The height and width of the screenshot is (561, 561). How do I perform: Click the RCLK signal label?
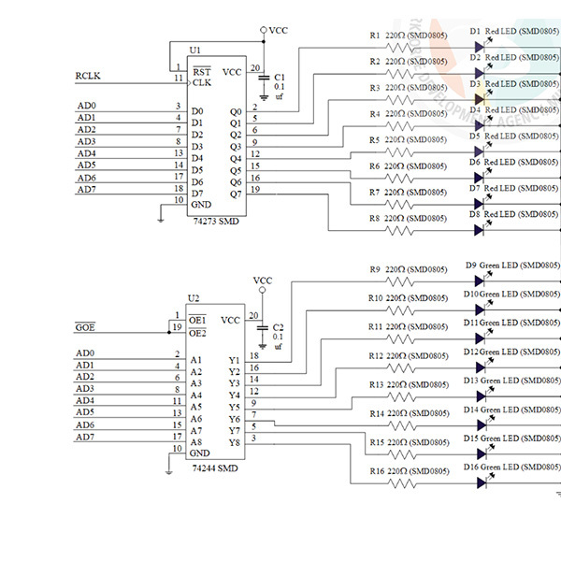87,77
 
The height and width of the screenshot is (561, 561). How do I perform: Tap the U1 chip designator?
194,50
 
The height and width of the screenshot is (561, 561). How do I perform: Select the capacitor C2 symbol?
264,330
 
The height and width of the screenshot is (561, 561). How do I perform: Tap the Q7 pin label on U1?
235,194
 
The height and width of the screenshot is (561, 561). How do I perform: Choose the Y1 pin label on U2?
235,360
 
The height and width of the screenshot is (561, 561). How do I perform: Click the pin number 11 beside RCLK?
177,79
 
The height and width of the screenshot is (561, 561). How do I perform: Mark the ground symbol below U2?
166,471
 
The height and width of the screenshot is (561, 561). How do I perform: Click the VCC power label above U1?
278,31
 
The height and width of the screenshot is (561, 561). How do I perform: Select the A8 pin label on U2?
195,442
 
